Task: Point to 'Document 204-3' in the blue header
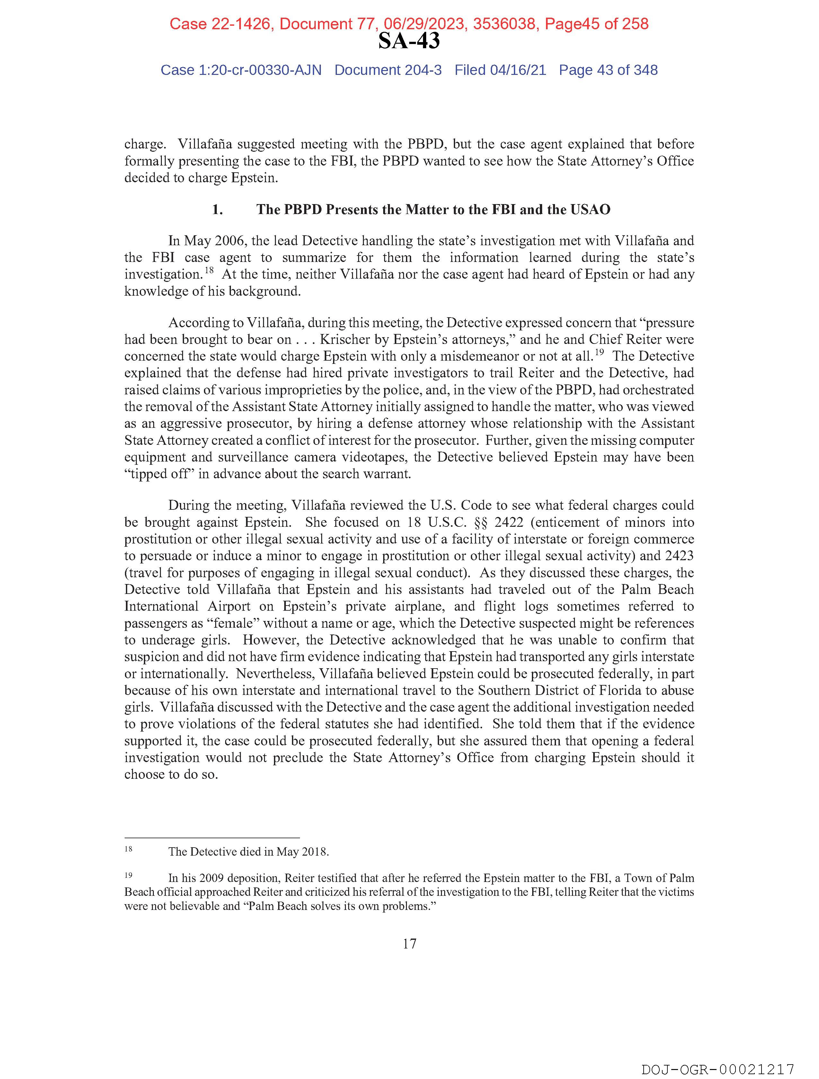[x=388, y=70]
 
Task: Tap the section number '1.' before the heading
[x=217, y=210]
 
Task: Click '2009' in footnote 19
[x=211, y=878]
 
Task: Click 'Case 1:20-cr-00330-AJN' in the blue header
[x=241, y=70]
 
